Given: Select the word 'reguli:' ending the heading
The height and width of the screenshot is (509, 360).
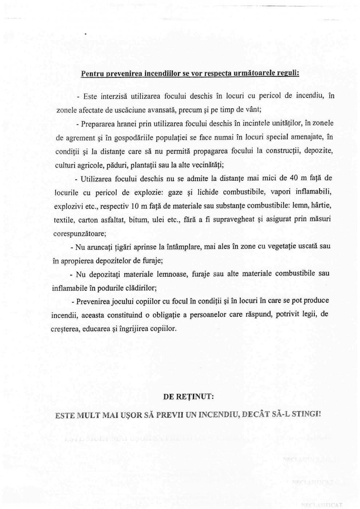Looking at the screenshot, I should click(287, 73).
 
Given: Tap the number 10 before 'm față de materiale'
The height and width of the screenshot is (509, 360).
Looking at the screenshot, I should click(134, 206).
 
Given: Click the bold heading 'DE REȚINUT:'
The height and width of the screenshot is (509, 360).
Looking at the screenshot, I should click(188, 397).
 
